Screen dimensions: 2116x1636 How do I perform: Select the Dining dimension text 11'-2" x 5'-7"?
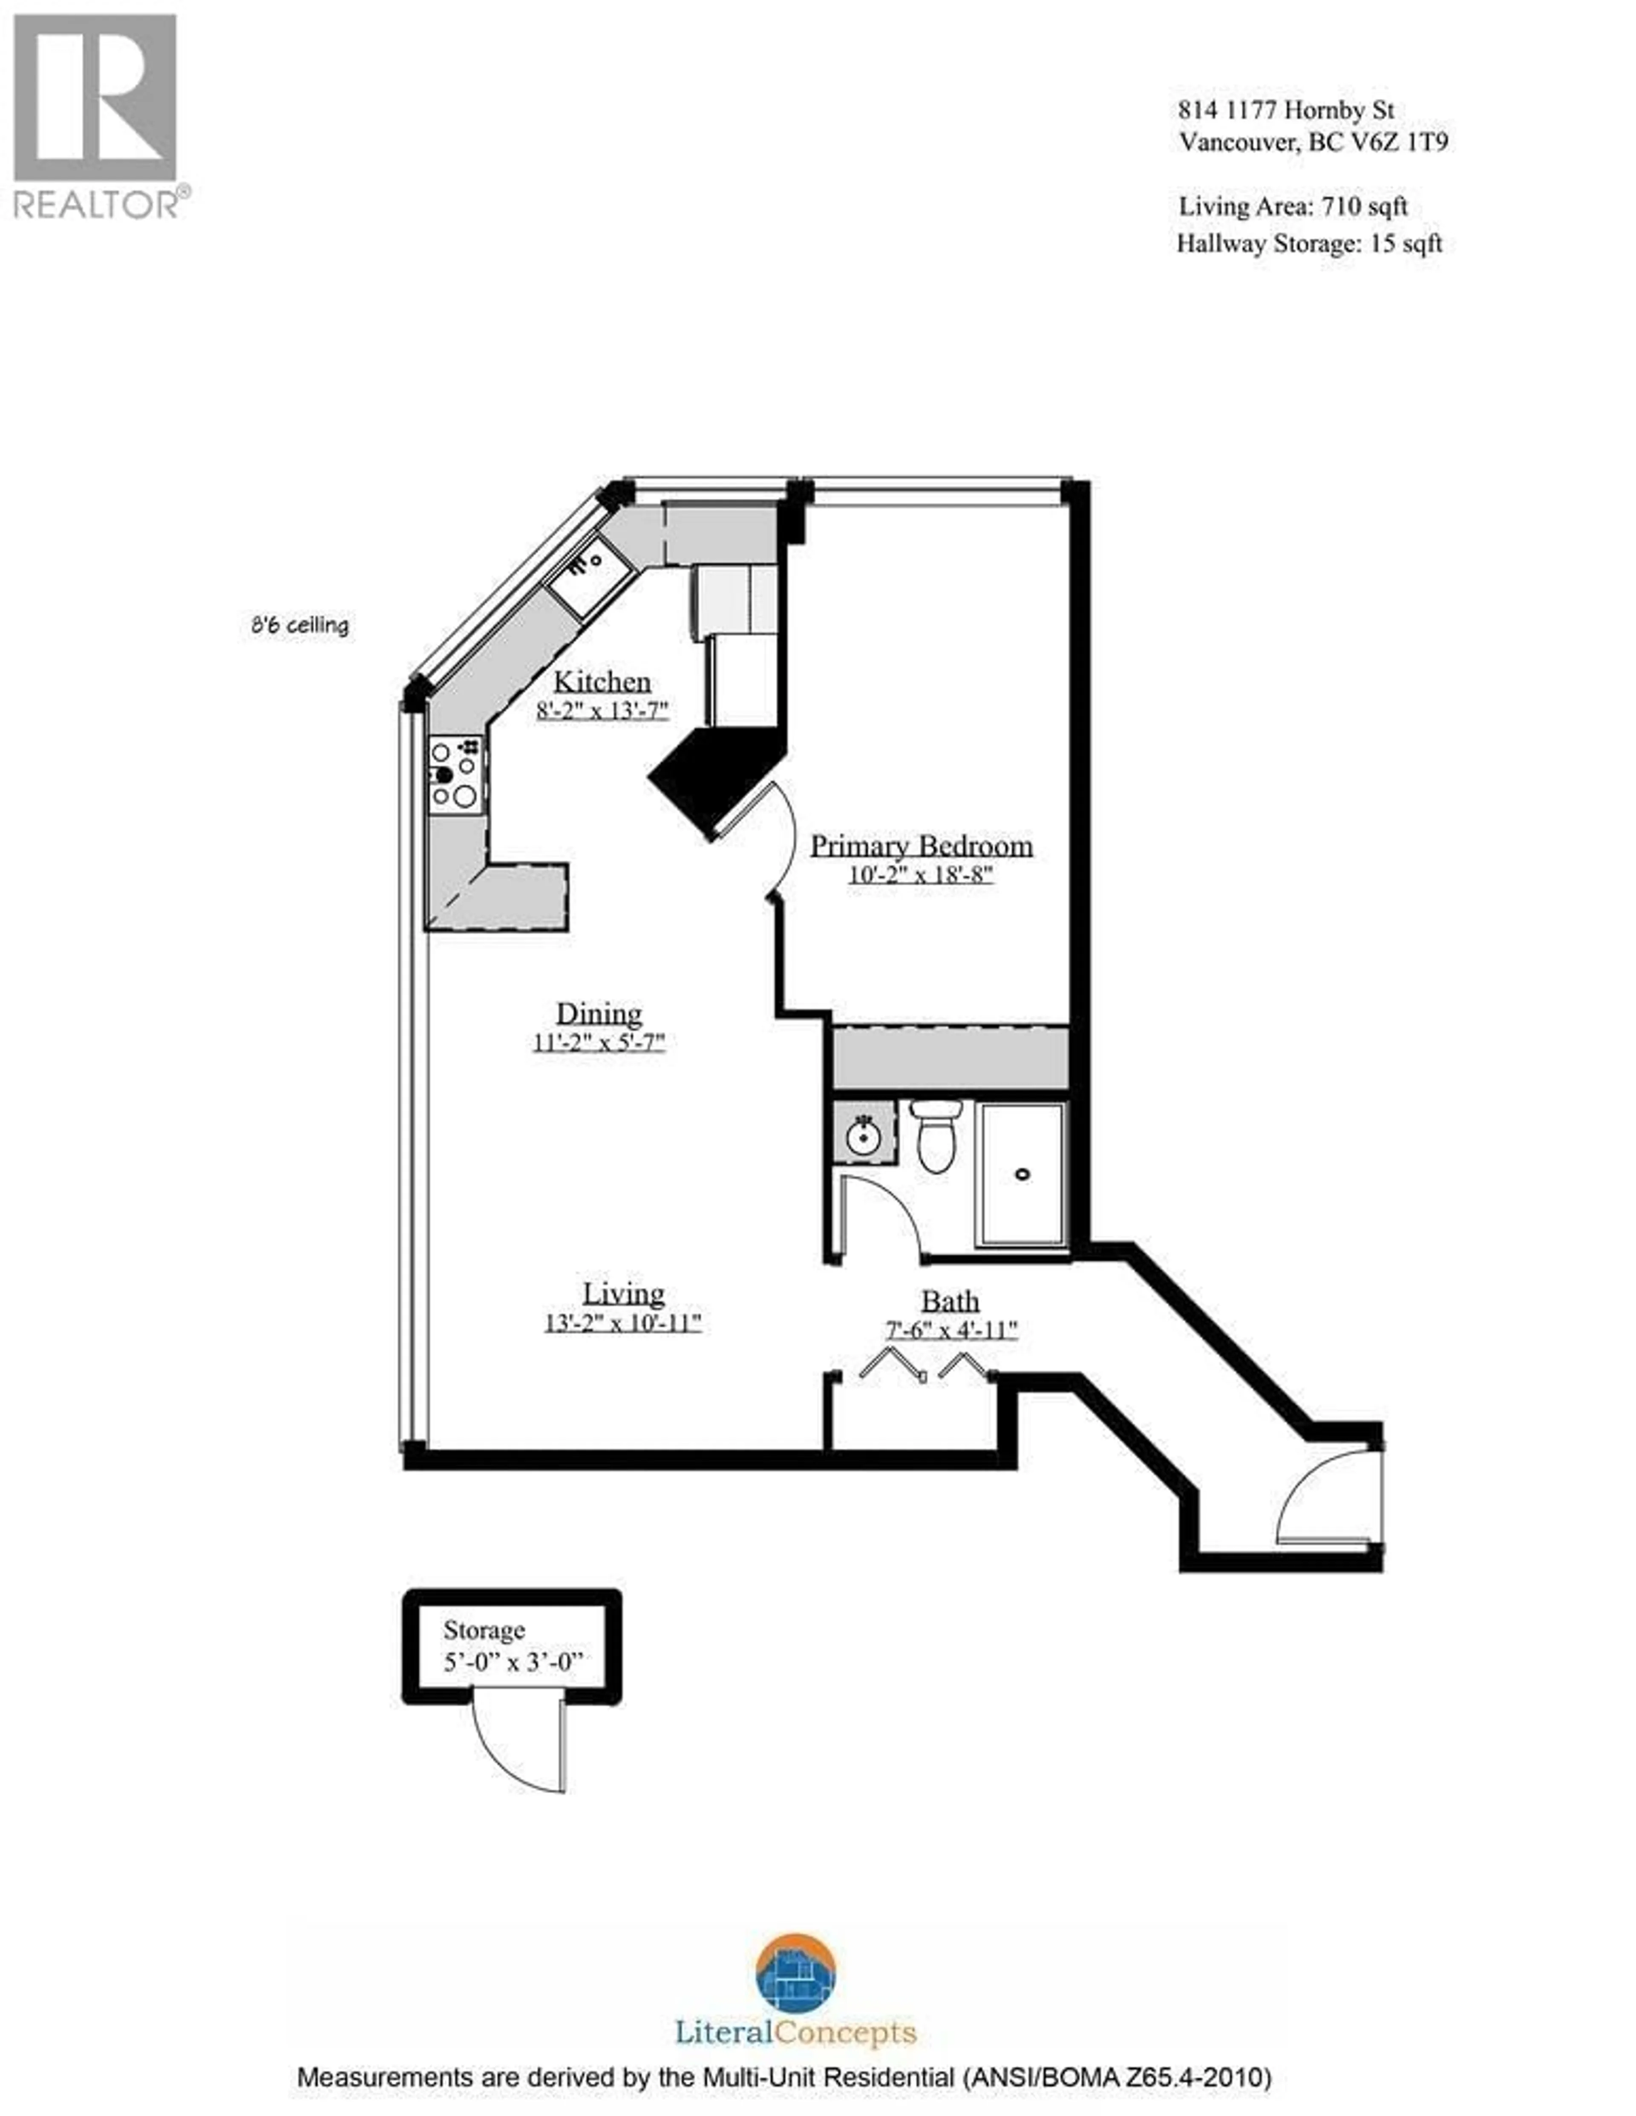(599, 1043)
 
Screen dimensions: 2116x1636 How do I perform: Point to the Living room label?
(623, 1294)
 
